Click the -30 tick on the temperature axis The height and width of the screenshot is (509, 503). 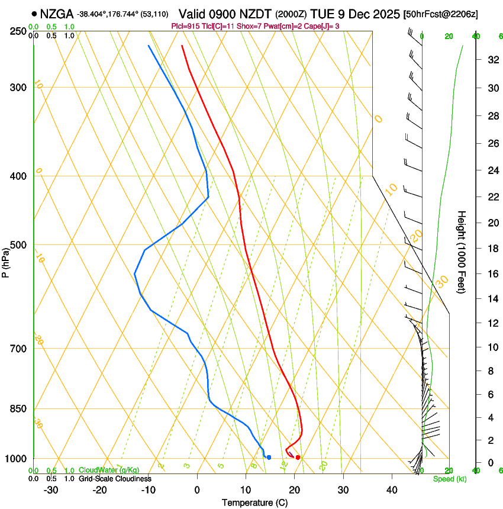[x=51, y=490]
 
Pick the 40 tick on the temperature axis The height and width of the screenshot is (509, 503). [x=392, y=490]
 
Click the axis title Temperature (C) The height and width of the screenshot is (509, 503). [x=254, y=502]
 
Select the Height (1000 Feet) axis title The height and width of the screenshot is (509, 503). [x=462, y=252]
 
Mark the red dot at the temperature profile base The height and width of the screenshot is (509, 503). [x=298, y=457]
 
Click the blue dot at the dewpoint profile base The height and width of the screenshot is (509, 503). [x=269, y=457]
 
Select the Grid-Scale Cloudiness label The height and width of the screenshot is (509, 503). [x=115, y=478]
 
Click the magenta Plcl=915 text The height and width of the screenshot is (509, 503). [x=185, y=26]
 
